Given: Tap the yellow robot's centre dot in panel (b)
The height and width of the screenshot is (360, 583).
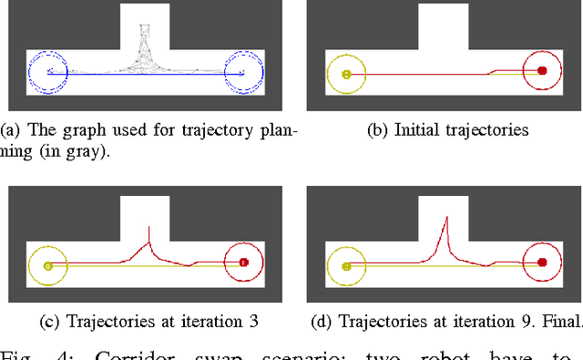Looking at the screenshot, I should coord(346,74).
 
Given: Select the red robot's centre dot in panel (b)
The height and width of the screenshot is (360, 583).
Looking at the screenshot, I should coord(542,70).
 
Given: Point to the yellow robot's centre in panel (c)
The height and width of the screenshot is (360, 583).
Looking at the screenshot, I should coord(47,266).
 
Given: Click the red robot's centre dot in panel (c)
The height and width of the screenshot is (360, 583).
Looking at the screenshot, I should coord(243,262).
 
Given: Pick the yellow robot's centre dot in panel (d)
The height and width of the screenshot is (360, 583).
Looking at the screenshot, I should coord(346,266).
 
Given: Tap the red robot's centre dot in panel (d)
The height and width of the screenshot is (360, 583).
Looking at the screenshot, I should coord(542,262).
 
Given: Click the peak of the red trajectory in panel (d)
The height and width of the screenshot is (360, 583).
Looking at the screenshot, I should coord(445,217).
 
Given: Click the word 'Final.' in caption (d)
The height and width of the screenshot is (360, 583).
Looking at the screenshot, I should coord(557,321).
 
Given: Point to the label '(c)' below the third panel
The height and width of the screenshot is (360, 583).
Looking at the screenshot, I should coord(51,321).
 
